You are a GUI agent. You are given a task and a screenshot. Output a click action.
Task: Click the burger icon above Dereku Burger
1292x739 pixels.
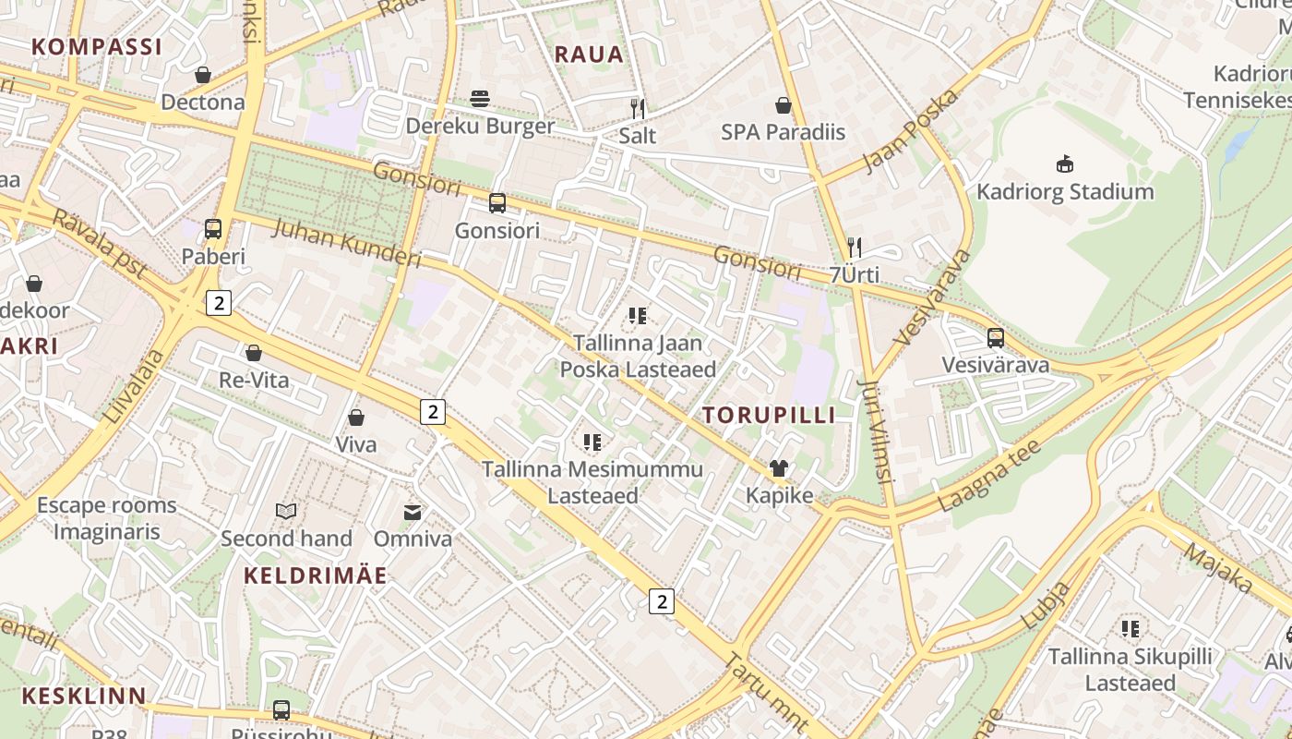tap(479, 98)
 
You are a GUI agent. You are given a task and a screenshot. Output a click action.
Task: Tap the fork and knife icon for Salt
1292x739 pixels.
tap(637, 107)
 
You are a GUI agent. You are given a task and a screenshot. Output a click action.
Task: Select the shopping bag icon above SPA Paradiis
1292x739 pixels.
tap(783, 105)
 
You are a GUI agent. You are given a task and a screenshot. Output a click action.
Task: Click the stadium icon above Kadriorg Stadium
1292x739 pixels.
tap(1065, 164)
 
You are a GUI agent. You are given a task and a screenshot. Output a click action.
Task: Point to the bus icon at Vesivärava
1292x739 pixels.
tap(995, 338)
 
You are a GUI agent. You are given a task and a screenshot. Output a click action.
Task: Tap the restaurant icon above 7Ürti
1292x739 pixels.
tap(855, 248)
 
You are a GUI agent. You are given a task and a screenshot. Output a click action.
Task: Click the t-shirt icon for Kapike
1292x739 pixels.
tap(779, 468)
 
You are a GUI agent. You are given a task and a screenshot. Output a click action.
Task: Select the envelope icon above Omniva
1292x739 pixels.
tap(413, 512)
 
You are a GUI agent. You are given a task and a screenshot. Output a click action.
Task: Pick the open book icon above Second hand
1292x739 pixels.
tap(286, 511)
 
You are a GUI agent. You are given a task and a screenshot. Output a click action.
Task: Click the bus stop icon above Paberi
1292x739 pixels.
tap(213, 228)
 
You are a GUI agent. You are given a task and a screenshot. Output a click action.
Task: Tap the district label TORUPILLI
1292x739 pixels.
tap(769, 415)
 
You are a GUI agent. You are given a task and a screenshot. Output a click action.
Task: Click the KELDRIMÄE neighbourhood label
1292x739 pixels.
tap(316, 575)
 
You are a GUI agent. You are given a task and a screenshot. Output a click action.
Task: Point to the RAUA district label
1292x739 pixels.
tap(589, 55)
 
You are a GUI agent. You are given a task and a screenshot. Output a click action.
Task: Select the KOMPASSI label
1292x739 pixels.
tap(96, 46)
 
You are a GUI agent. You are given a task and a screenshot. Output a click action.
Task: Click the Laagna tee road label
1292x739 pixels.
tap(989, 476)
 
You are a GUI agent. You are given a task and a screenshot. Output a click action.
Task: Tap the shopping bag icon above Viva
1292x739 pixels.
tap(355, 418)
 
